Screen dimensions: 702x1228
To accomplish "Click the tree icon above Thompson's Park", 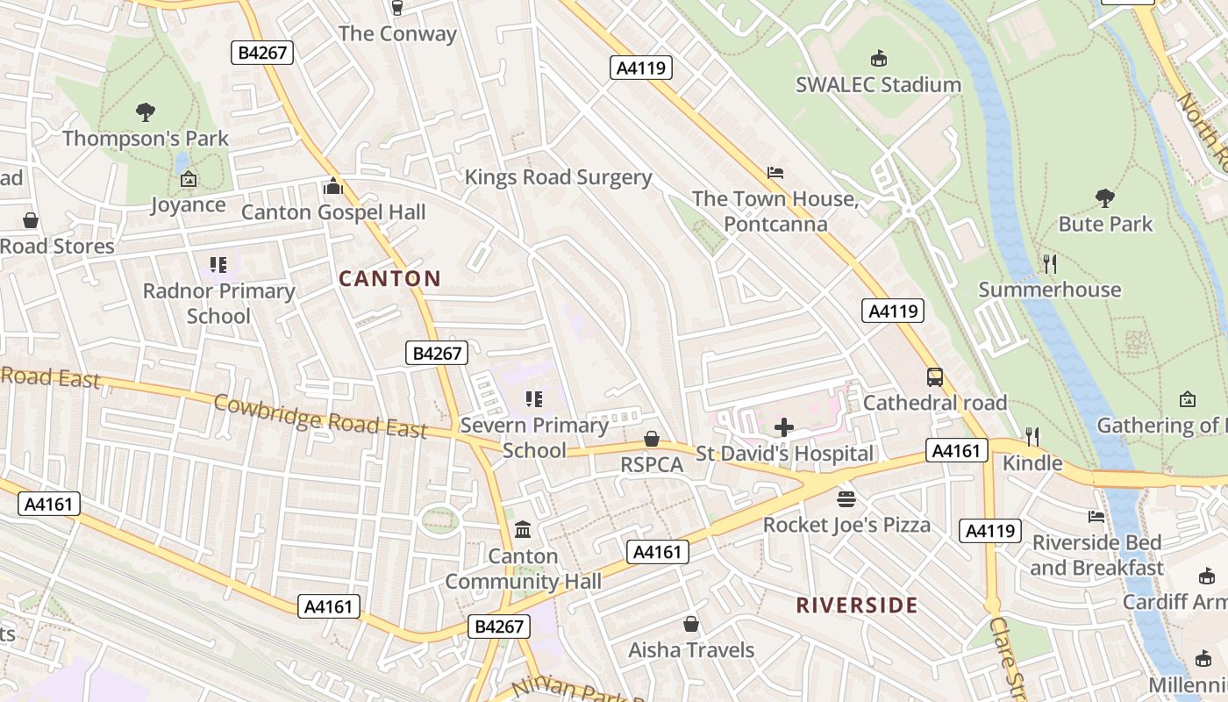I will (x=146, y=111).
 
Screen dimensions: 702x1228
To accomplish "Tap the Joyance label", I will (x=188, y=205).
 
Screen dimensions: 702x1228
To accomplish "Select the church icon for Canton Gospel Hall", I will (x=333, y=186).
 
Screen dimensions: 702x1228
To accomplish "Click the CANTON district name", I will (x=389, y=279).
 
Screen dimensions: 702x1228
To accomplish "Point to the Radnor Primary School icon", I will (x=218, y=264).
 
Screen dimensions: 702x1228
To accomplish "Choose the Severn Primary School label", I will (x=534, y=437).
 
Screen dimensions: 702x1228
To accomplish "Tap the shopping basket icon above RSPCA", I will (x=652, y=438).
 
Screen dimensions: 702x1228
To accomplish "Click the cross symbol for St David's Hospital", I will (x=784, y=427).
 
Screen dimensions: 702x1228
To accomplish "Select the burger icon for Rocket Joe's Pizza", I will (x=846, y=499).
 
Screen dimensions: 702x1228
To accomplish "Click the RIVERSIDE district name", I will (x=857, y=605).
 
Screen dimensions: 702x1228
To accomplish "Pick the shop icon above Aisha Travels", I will (x=691, y=624).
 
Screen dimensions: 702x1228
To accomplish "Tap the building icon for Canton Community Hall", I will (x=524, y=529).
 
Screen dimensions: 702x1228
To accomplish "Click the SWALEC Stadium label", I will (x=878, y=85).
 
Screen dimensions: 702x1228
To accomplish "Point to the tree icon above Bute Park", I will (x=1104, y=198).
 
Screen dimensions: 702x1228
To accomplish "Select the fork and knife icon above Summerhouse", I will (x=1049, y=263).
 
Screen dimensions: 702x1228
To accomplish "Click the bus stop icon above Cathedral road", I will (x=935, y=377).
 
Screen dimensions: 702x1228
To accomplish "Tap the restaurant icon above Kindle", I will (x=1032, y=436).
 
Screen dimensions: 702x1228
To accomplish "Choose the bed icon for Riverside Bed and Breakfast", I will (x=1096, y=517).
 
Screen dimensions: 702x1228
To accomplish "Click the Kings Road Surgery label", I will (x=558, y=177).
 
